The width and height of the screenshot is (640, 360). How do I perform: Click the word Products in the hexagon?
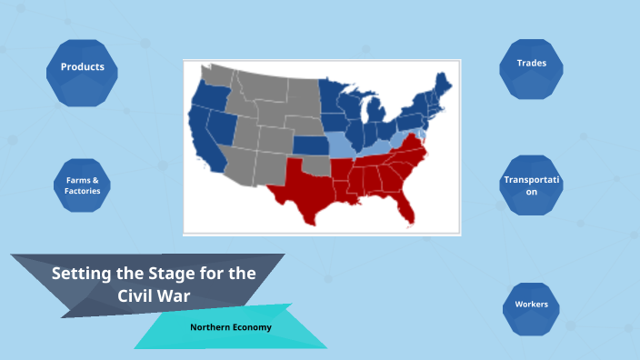(82, 66)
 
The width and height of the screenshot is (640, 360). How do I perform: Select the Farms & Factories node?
(82, 185)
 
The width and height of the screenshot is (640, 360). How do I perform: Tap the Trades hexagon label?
(531, 63)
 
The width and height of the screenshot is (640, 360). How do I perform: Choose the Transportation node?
(533, 185)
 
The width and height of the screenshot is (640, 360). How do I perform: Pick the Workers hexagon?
(531, 304)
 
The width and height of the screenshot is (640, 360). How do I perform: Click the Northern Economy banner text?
(231, 326)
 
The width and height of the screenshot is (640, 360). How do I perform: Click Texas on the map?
(304, 187)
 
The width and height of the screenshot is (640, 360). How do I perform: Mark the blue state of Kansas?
(309, 146)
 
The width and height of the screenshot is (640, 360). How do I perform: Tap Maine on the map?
(445, 78)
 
